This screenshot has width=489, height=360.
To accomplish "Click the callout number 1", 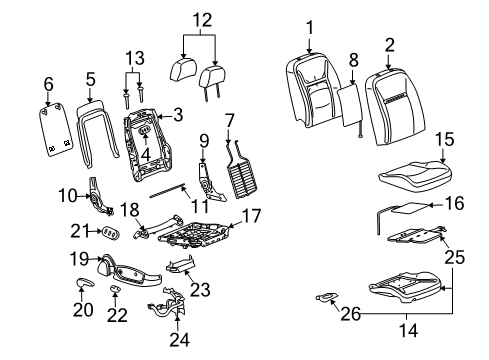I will (310, 27).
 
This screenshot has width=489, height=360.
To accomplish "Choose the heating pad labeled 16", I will (405, 210).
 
